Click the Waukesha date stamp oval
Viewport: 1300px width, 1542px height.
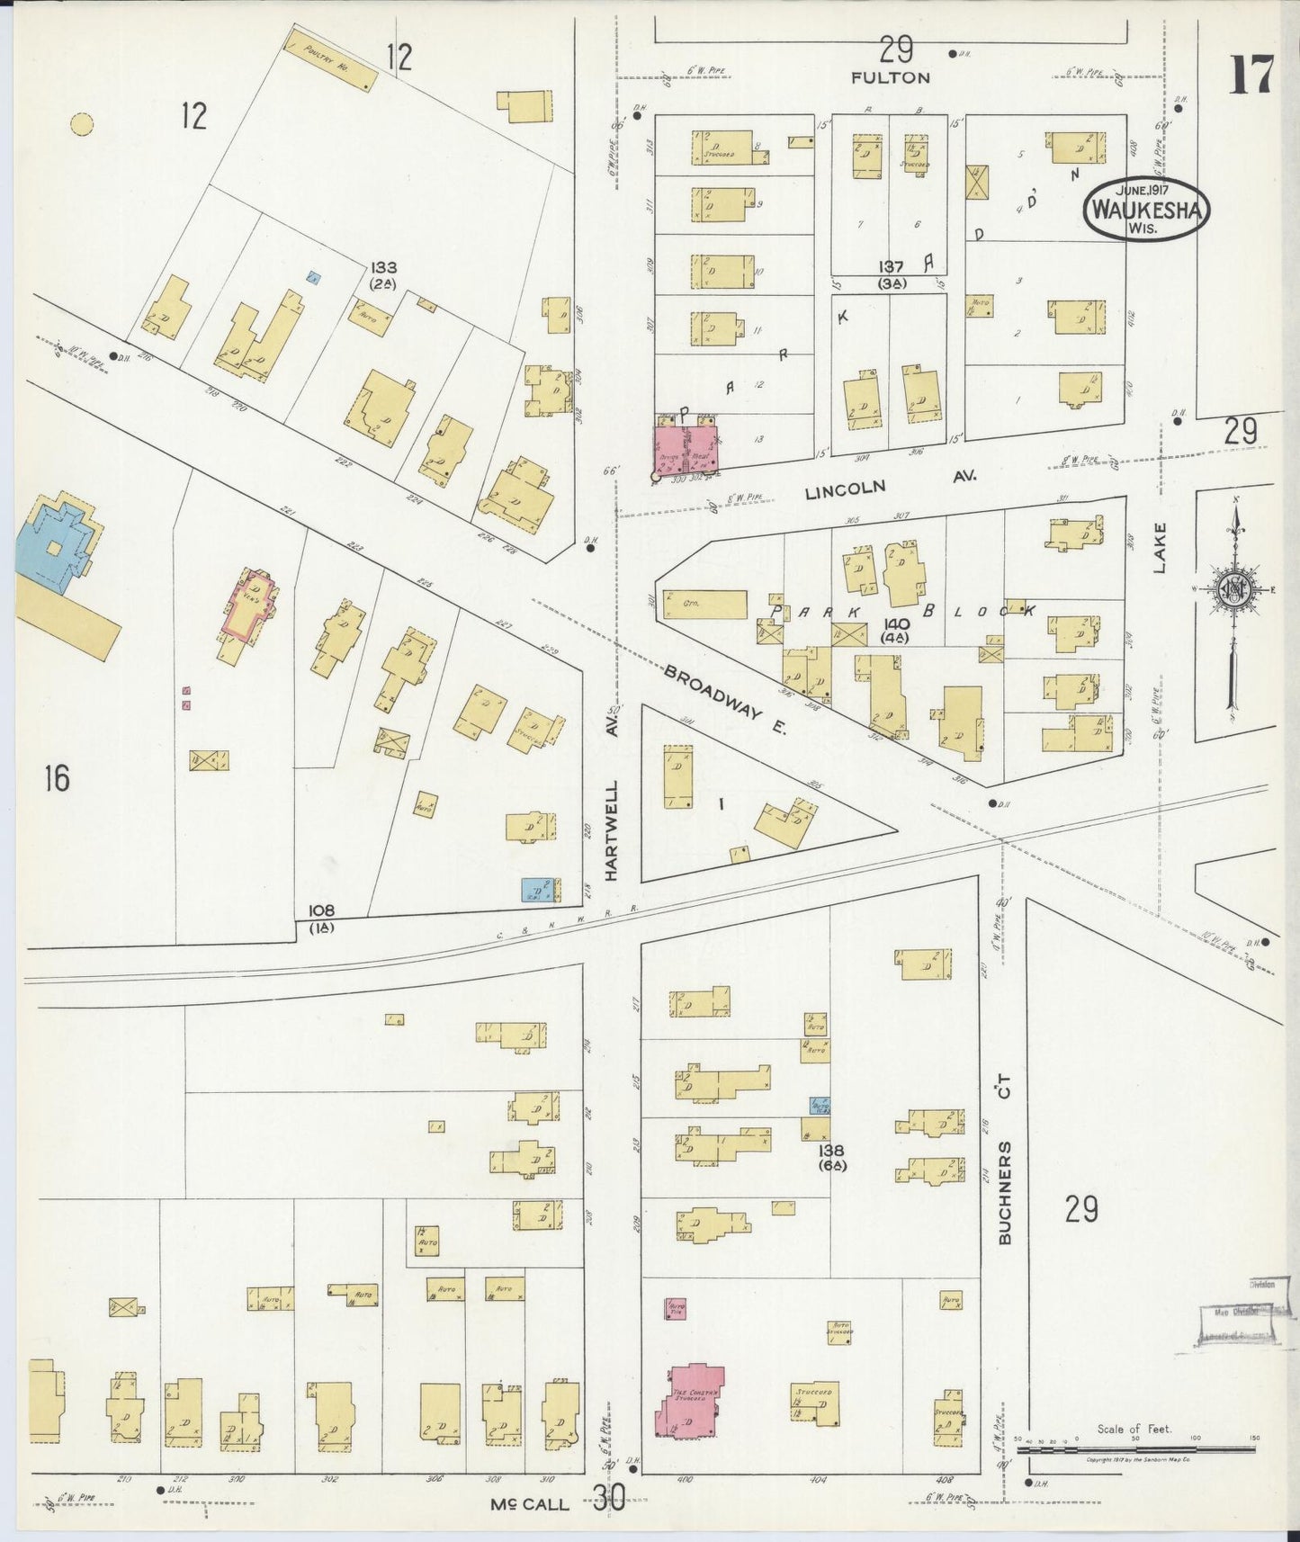[1146, 209]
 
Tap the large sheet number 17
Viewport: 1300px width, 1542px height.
[1251, 76]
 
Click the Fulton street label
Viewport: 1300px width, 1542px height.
[890, 78]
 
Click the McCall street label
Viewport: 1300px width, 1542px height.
[530, 1503]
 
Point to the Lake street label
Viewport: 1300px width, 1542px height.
[1160, 548]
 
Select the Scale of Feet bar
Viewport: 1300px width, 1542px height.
[1135, 1448]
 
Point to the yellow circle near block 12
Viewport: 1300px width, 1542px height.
[83, 124]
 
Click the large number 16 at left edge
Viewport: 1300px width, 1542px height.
[56, 777]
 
